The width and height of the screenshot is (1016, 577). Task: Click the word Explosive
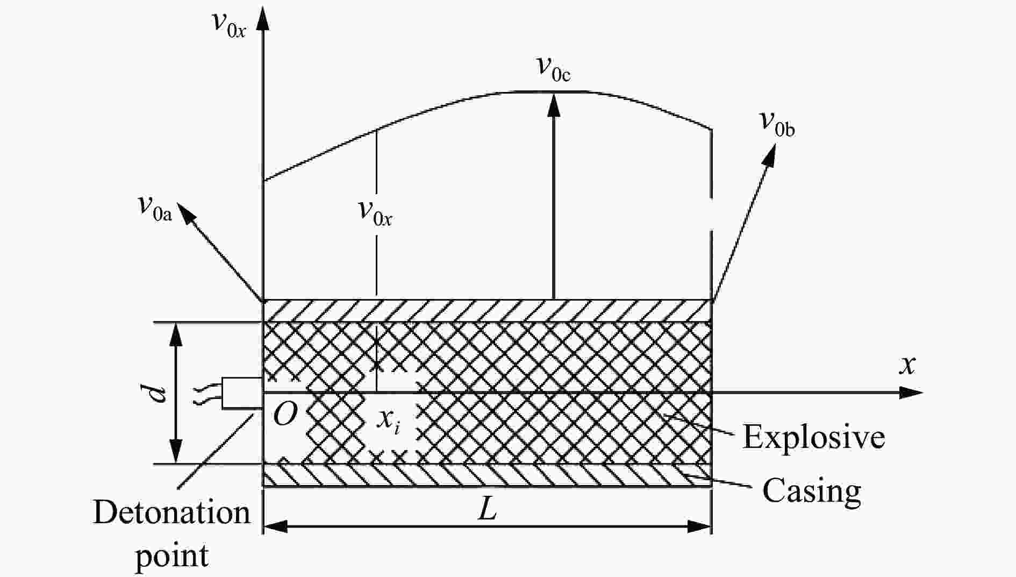pyautogui.click(x=813, y=437)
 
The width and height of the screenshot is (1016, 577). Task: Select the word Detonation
pyautogui.click(x=171, y=512)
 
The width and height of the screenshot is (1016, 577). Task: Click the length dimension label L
pyautogui.click(x=488, y=508)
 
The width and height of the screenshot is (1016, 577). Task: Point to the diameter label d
pyautogui.click(x=158, y=393)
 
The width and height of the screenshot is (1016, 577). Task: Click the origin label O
pyautogui.click(x=285, y=415)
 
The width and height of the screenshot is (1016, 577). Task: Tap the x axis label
pyautogui.click(x=907, y=365)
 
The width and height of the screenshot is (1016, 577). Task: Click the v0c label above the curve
pyautogui.click(x=554, y=68)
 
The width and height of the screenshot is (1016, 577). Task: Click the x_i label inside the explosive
pyautogui.click(x=388, y=420)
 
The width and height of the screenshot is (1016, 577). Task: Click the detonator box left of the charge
pyautogui.click(x=242, y=393)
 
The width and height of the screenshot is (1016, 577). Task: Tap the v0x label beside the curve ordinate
pyautogui.click(x=375, y=212)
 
